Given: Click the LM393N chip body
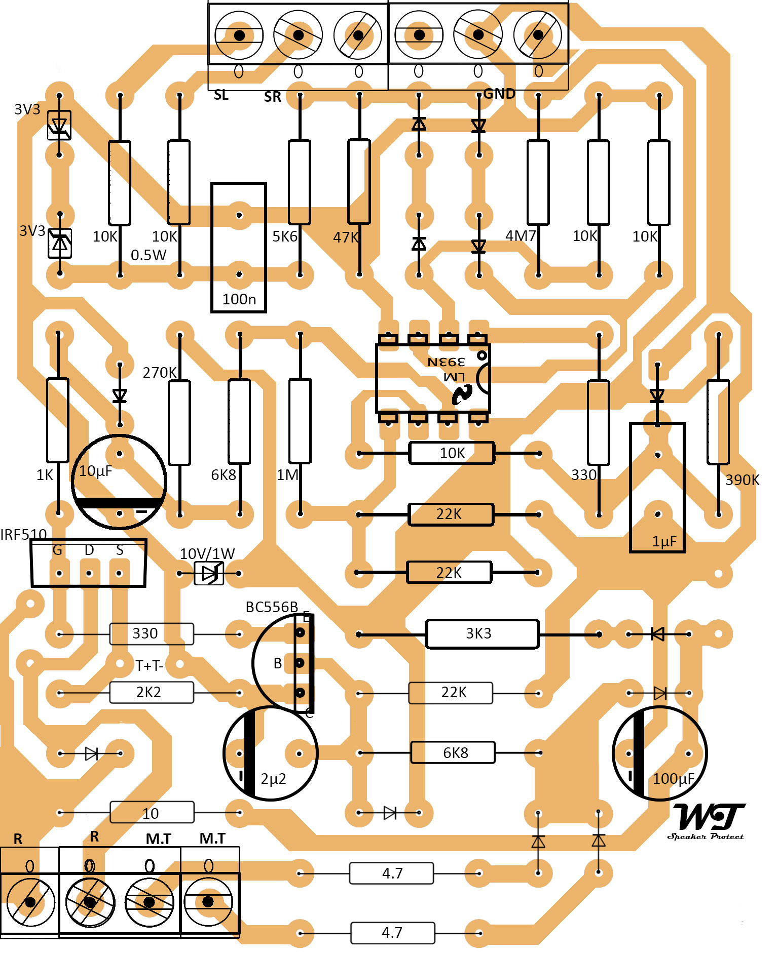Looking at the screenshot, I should click(432, 378).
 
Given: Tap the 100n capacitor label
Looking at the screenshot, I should click(239, 299).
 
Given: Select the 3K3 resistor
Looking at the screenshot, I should click(481, 633).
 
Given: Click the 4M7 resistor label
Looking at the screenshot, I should click(520, 236).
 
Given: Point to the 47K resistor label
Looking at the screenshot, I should click(346, 237).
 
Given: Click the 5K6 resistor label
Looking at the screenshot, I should click(285, 236).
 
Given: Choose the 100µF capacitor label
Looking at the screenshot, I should click(673, 778).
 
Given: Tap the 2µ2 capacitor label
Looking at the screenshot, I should click(273, 779).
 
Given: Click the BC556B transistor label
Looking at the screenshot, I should click(272, 607).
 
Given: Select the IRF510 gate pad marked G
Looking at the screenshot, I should click(59, 573).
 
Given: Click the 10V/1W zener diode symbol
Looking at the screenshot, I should click(209, 573).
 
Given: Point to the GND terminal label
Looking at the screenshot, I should click(499, 94).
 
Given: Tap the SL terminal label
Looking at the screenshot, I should click(221, 95).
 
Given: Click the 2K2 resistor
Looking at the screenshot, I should click(151, 692).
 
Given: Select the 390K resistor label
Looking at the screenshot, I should click(742, 480).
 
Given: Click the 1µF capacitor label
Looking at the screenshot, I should click(664, 541).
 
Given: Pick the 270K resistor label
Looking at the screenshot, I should click(159, 373).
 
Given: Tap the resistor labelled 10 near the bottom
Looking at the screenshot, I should click(151, 813).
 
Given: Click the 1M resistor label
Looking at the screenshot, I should click(287, 475).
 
